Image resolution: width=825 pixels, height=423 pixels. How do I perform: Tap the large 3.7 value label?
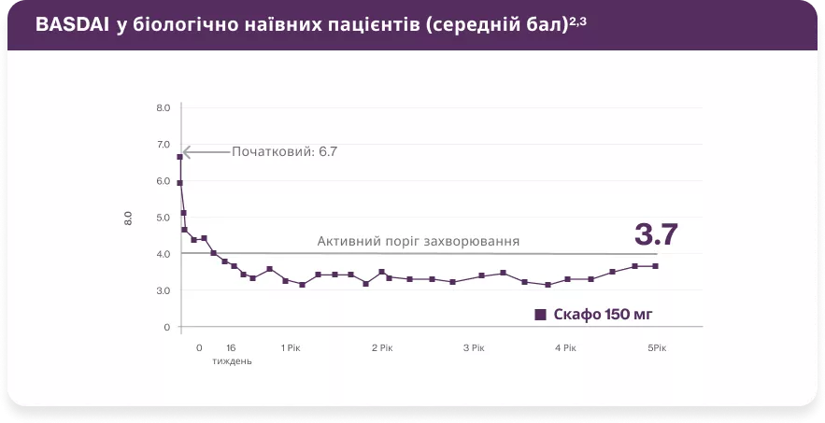coord(656,233)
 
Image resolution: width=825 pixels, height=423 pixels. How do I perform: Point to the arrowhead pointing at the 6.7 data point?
coord(185,151)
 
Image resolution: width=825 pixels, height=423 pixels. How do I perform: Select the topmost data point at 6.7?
coord(179,157)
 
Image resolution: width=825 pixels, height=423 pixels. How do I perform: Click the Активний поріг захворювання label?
coord(418,241)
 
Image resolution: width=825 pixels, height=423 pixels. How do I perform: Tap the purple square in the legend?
coord(540,315)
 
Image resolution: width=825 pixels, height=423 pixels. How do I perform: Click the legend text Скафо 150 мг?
coord(603,315)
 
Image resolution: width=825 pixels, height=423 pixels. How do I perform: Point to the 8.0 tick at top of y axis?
coord(163,108)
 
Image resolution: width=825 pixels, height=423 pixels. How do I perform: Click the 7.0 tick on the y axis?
coord(163,145)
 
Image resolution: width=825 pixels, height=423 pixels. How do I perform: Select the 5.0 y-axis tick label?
coord(163,218)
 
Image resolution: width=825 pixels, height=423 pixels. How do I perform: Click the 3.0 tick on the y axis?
coord(163,290)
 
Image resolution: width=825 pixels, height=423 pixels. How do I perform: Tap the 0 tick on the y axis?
coord(165,327)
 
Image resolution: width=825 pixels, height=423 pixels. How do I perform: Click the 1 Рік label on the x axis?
coord(291,347)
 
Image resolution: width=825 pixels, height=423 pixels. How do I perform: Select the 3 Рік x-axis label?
coord(474,347)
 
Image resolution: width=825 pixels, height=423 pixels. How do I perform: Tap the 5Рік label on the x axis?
coord(657,347)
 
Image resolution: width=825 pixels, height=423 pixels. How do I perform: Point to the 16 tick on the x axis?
coord(231,347)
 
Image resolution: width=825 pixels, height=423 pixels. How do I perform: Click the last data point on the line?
coord(656,266)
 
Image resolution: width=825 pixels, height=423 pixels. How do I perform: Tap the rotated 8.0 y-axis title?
coord(128,219)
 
